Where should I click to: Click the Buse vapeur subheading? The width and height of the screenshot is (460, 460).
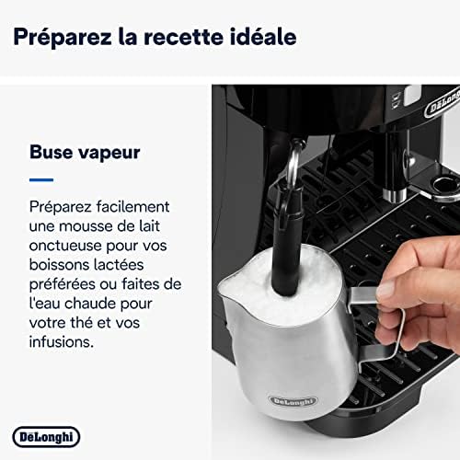[85, 151]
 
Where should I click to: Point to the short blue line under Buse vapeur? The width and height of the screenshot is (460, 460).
[41, 178]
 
